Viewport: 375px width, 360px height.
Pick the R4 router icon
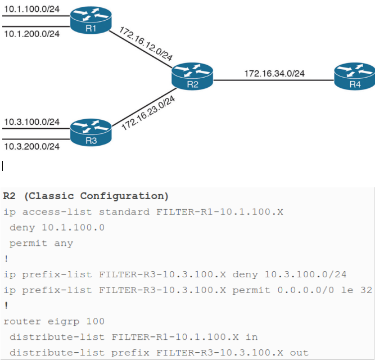pos(354,75)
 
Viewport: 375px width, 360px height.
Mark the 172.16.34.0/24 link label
pos(274,73)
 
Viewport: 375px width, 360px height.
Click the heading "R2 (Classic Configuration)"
pos(85,196)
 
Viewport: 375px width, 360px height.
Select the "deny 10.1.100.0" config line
pos(56,227)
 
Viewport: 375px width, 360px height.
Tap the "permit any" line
pos(40,243)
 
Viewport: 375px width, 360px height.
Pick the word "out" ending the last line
pos(300,353)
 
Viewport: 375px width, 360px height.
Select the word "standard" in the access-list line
pos(122,211)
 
